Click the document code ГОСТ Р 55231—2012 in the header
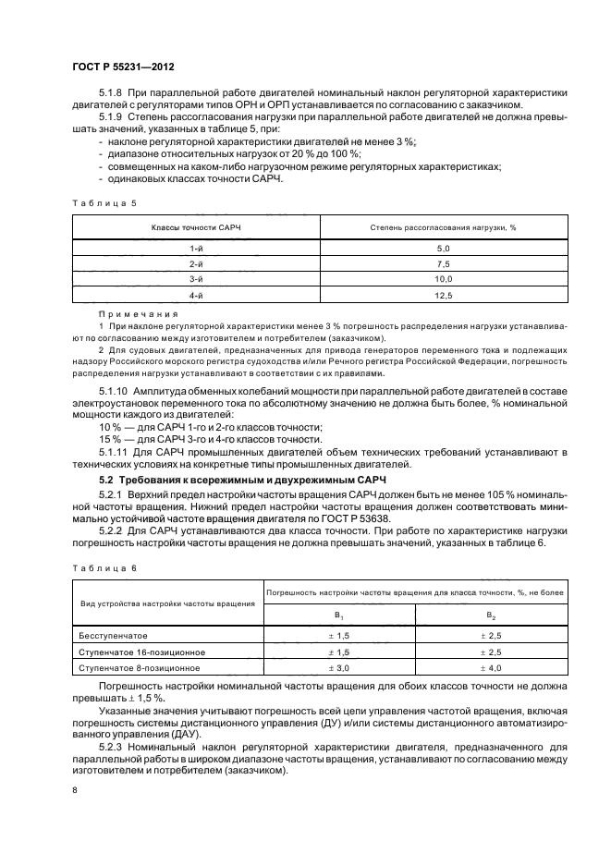coord(123,67)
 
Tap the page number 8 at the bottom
coord(75,791)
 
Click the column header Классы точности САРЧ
coord(196,227)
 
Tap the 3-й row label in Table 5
coord(196,279)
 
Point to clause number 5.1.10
coord(116,392)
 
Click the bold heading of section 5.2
coord(244,481)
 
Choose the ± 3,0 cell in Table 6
coord(338,666)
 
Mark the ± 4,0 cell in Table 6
coord(490,666)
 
